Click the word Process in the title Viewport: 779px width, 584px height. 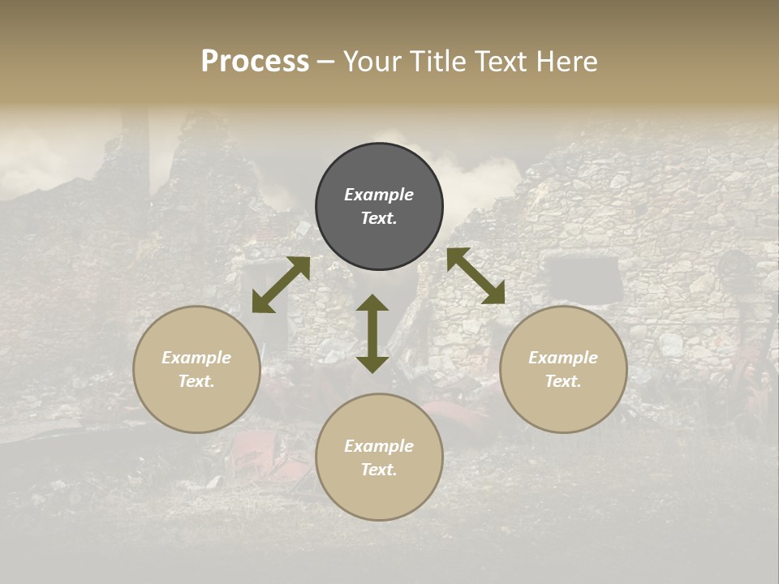[x=255, y=62]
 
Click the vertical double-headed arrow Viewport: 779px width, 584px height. [x=372, y=333]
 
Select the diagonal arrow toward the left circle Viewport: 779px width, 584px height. [x=281, y=286]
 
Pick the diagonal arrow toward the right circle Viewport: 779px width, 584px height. [x=476, y=276]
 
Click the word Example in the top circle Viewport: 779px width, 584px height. [x=379, y=195]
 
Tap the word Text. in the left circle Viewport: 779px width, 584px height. [x=196, y=381]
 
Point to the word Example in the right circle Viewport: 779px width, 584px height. [x=563, y=358]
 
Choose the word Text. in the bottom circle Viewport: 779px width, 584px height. [x=379, y=470]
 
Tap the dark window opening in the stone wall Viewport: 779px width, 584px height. [x=582, y=277]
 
